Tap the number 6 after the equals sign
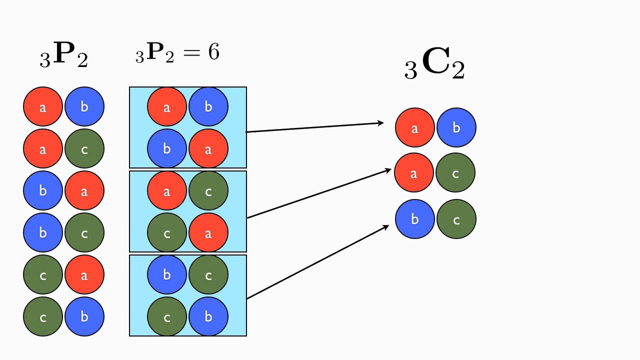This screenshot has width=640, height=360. pyautogui.click(x=213, y=52)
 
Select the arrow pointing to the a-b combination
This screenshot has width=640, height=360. pyautogui.click(x=315, y=127)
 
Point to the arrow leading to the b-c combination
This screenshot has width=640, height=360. pyautogui.click(x=317, y=262)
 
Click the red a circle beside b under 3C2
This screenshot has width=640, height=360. pyautogui.click(x=414, y=128)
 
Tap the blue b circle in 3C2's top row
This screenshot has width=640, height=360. pyautogui.click(x=456, y=128)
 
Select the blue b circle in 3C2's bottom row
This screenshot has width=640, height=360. pyautogui.click(x=414, y=219)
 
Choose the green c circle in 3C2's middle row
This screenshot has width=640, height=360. pyautogui.click(x=455, y=173)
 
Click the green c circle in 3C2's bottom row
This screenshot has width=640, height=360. pyautogui.click(x=456, y=219)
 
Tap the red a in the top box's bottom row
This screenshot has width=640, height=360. pyautogui.click(x=208, y=148)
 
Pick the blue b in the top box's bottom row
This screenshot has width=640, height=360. pyautogui.click(x=166, y=148)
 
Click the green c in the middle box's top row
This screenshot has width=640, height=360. pyautogui.click(x=208, y=190)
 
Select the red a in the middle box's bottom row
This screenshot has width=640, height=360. pyautogui.click(x=208, y=232)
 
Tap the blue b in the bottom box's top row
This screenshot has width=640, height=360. pyautogui.click(x=166, y=274)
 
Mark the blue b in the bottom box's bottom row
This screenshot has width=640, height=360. pyautogui.click(x=208, y=316)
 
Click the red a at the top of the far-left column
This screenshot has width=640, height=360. pyautogui.click(x=42, y=106)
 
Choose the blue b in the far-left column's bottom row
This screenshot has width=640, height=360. pyautogui.click(x=84, y=316)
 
